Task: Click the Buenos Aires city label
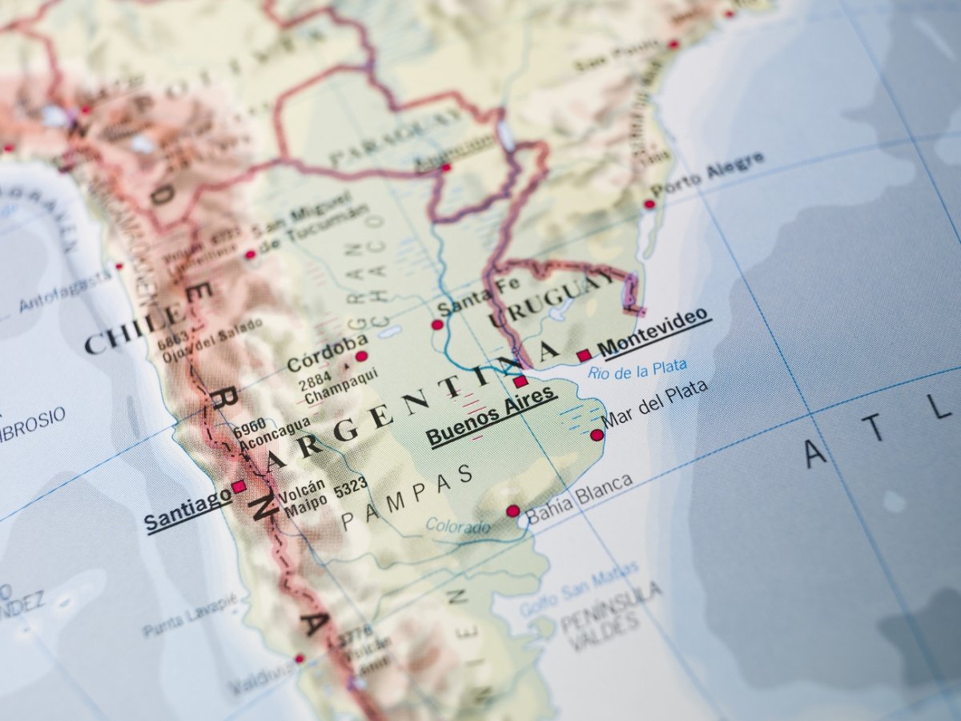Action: tap(490, 415)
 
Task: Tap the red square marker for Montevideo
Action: tap(583, 355)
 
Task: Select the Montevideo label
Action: tap(654, 332)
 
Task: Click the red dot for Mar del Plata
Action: tap(597, 435)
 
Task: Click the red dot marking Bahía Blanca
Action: tap(513, 510)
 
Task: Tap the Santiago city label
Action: tap(187, 509)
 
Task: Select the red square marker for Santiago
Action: tap(238, 486)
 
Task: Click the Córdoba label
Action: tap(327, 353)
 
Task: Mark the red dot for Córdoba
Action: tap(361, 356)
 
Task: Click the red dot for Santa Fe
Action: tap(437, 324)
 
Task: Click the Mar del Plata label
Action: tap(654, 403)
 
